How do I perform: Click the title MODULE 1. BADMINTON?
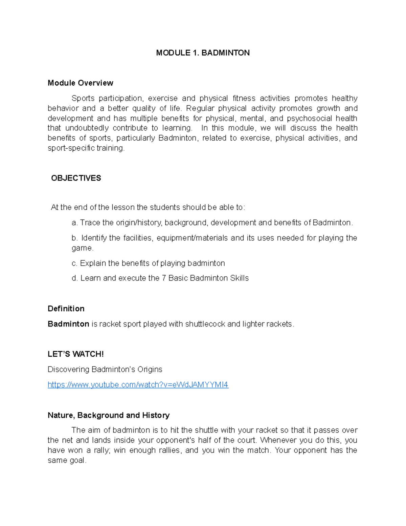203,53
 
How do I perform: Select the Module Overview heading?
80,83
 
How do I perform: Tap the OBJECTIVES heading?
76,178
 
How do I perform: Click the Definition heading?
66,309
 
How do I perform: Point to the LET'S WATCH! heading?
75,354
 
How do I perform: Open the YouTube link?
138,385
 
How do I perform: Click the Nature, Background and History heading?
109,415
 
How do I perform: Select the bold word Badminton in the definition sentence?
68,324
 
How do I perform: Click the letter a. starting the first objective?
75,223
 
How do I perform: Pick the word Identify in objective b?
94,238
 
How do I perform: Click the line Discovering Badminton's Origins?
105,369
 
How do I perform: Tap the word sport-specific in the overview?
71,148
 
